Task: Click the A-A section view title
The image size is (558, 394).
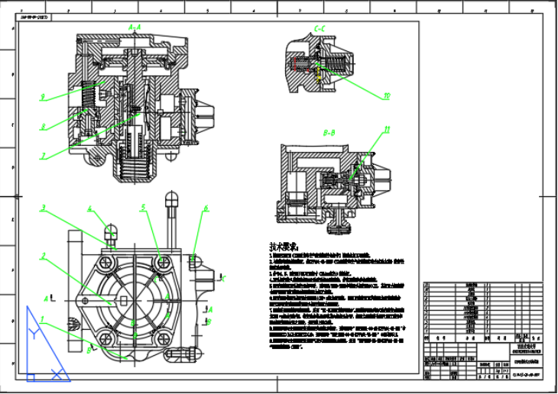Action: click(135, 27)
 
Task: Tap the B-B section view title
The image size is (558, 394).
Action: click(330, 133)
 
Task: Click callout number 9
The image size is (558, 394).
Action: click(44, 97)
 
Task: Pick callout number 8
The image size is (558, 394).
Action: click(44, 126)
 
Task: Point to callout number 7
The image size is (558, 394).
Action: click(44, 154)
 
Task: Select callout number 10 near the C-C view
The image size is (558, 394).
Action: click(387, 96)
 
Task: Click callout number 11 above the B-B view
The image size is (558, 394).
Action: click(387, 130)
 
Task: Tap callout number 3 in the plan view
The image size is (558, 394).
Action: click(44, 207)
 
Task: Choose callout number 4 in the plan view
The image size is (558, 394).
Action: click(89, 208)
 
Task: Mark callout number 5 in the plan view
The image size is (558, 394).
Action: click(143, 207)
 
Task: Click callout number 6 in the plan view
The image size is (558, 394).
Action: click(206, 208)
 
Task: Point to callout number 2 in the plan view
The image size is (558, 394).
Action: click(44, 256)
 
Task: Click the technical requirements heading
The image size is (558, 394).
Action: click(282, 247)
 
